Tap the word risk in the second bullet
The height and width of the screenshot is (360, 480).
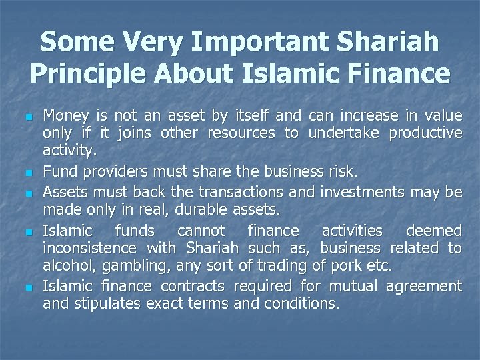coord(343,171)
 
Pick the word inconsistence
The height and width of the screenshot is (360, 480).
coord(88,249)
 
